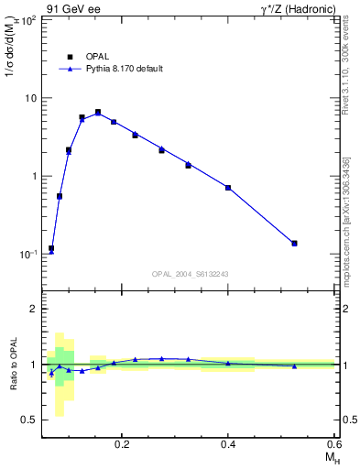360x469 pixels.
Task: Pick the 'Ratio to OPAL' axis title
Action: (13, 365)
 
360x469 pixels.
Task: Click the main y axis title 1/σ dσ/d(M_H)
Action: (13, 55)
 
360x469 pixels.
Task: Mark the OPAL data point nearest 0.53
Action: (294, 243)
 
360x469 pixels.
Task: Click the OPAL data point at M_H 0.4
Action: (228, 188)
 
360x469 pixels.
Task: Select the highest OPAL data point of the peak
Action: (98, 112)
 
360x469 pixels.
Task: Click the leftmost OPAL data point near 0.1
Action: (51, 248)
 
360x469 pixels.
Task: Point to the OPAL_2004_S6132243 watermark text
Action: (190, 275)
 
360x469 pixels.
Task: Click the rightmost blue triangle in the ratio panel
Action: (294, 366)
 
